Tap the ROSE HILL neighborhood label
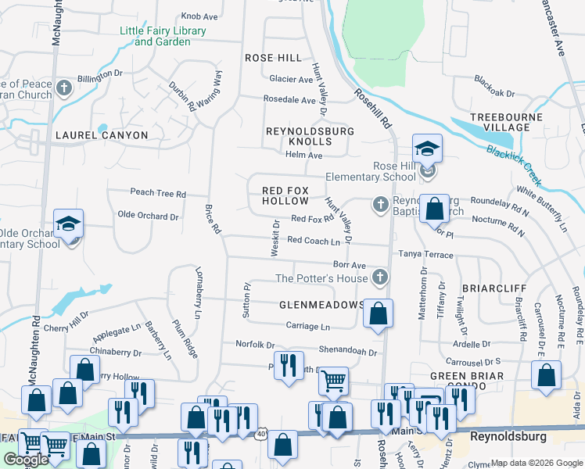pyautogui.click(x=273, y=58)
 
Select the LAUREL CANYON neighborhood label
pyautogui.click(x=102, y=135)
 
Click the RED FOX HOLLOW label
pyautogui.click(x=285, y=195)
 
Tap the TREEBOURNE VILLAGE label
pyautogui.click(x=501, y=122)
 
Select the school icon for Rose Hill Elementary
pyautogui.click(x=428, y=149)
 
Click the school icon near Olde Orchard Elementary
pyautogui.click(x=69, y=224)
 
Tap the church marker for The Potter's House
pyautogui.click(x=380, y=277)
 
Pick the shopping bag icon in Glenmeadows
pyautogui.click(x=378, y=313)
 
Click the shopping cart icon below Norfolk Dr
pyautogui.click(x=334, y=381)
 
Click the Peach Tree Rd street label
pyautogui.click(x=158, y=193)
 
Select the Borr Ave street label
pyautogui.click(x=350, y=266)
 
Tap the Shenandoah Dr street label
pyautogui.click(x=347, y=352)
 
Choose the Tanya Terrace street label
pyautogui.click(x=426, y=255)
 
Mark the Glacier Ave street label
pyautogui.click(x=290, y=79)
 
